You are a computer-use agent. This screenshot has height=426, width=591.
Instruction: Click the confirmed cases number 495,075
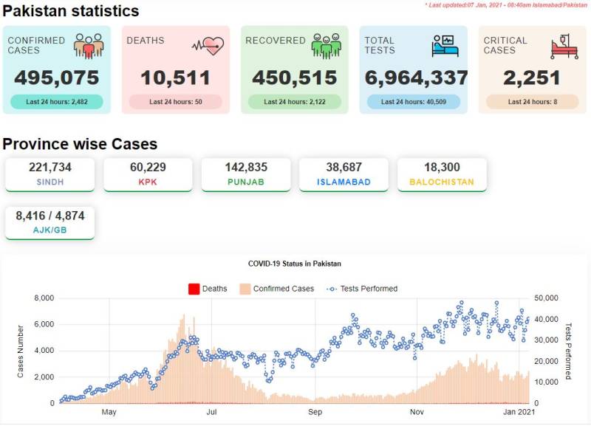point(57,78)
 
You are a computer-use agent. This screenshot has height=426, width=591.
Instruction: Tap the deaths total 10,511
point(175,78)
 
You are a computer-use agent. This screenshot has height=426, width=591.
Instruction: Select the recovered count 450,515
point(294,78)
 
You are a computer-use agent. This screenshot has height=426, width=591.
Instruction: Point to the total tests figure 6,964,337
point(416,78)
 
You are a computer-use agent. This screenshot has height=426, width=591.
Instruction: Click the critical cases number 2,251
point(532,78)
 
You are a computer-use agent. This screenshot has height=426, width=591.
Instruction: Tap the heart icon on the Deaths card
point(208,46)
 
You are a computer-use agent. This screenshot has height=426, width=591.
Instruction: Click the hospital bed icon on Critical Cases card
point(564,47)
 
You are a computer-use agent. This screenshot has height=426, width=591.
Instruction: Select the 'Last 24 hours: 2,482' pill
point(57,102)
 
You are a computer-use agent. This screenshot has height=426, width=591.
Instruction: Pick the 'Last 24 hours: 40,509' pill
point(414,102)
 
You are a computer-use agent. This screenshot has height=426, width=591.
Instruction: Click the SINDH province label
point(50,182)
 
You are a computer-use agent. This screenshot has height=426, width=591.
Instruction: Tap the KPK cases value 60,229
point(148,168)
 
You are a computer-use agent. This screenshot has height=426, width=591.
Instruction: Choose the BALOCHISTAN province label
point(442,182)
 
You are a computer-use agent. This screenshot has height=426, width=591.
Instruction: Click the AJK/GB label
point(49,230)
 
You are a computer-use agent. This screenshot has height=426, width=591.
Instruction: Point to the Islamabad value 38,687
point(344,168)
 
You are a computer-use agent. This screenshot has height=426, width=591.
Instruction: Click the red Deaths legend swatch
point(194,289)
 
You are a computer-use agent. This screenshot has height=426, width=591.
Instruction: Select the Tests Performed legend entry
point(362,289)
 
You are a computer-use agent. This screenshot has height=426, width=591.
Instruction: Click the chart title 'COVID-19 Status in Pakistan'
point(294,264)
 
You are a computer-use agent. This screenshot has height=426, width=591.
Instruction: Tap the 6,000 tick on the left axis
point(44,324)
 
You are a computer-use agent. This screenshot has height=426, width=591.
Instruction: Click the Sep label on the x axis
point(315,412)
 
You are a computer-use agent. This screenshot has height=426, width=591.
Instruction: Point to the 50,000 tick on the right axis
point(546,298)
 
